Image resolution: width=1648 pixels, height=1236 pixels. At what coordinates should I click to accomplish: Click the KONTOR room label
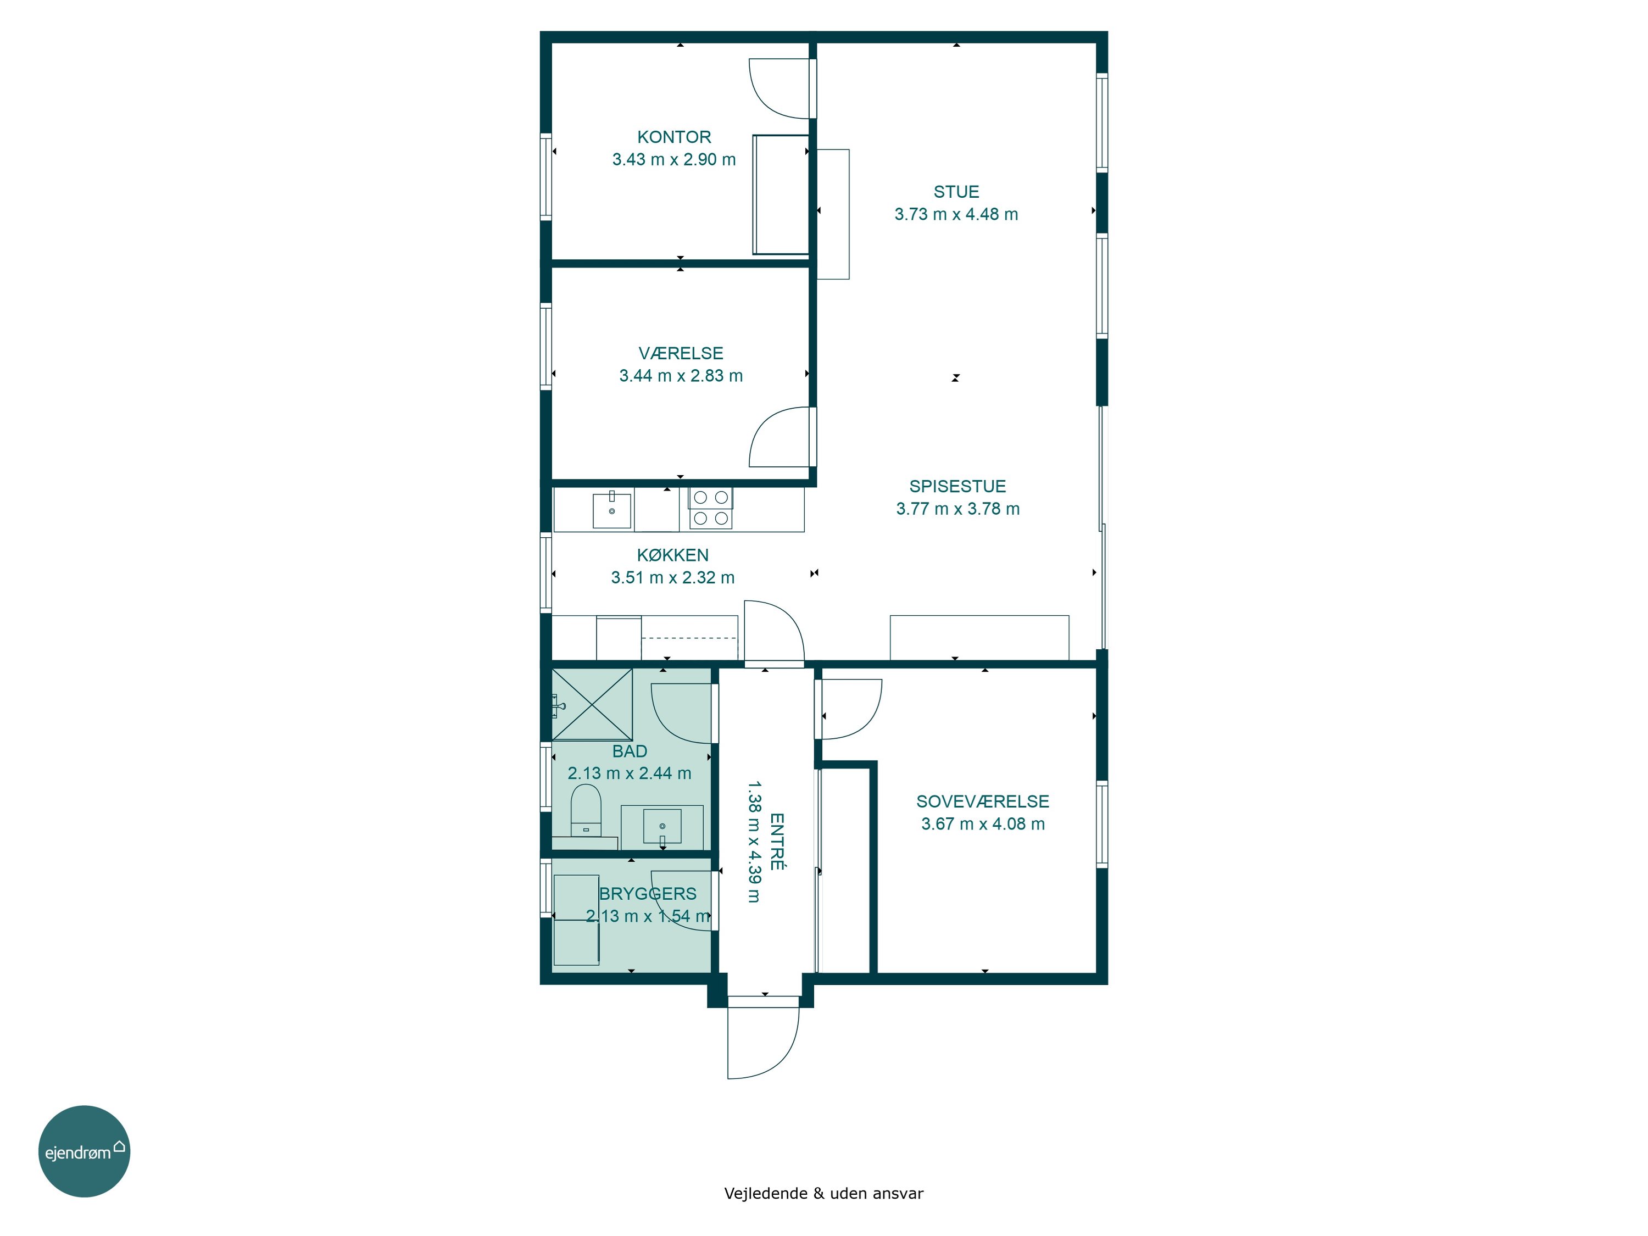pyautogui.click(x=673, y=137)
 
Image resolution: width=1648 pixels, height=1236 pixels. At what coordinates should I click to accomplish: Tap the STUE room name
pyautogui.click(x=956, y=192)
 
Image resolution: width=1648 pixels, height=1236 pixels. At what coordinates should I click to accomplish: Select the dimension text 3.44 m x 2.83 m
pyautogui.click(x=681, y=376)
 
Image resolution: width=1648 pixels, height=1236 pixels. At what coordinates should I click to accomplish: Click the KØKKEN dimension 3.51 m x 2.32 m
pyautogui.click(x=673, y=577)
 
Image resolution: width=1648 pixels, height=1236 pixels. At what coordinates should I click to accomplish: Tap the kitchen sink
pyautogui.click(x=611, y=510)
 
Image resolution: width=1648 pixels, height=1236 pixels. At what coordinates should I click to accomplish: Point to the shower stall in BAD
pyautogui.click(x=592, y=704)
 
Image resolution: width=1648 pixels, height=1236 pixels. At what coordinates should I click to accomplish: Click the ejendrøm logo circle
pyautogui.click(x=84, y=1151)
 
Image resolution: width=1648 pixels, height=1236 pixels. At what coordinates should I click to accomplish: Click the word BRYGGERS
pyautogui.click(x=648, y=894)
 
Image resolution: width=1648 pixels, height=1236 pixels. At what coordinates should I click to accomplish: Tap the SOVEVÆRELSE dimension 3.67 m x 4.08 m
pyautogui.click(x=983, y=824)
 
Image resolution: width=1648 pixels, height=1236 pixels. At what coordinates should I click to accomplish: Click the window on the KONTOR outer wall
pyautogui.click(x=546, y=176)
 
